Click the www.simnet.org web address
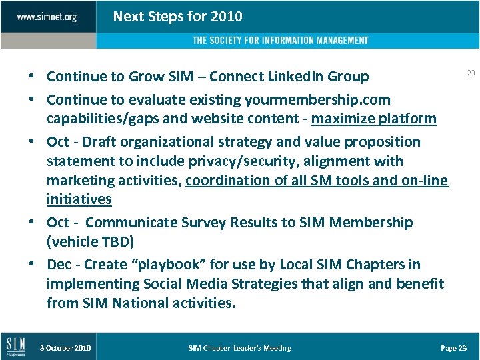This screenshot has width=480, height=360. coord(47,17)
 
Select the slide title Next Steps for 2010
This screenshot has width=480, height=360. coord(177,17)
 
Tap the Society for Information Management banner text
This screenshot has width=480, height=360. coord(280,41)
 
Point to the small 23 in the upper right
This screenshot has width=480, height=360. coord(471,73)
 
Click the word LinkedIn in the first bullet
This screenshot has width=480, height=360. coord(289,77)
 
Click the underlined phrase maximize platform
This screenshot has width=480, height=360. coord(374,119)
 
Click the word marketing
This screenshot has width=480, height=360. coord(80,181)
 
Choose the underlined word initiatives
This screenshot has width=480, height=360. coord(79,200)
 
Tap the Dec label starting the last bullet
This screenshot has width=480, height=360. coord(59,265)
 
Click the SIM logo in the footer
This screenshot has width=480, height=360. coord(16,346)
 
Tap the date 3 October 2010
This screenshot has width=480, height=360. coord(65,348)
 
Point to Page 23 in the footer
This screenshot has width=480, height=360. coord(454,348)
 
